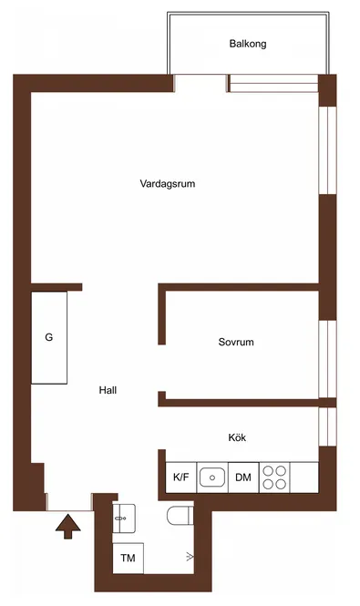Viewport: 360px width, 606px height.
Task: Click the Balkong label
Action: click(x=248, y=44)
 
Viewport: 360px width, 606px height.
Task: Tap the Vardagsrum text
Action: click(x=168, y=183)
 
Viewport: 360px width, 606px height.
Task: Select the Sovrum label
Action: click(x=236, y=342)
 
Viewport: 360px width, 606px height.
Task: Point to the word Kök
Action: click(x=237, y=437)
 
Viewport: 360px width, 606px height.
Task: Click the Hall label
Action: click(x=108, y=390)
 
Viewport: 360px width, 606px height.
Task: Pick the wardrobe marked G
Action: click(x=49, y=337)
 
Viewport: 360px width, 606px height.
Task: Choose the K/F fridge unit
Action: click(x=181, y=478)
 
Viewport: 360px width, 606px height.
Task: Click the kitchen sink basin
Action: click(x=212, y=478)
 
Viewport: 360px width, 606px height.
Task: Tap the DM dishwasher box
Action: click(x=243, y=478)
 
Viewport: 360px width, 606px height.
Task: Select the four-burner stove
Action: click(x=274, y=478)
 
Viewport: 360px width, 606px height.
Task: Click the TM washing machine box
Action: click(x=128, y=558)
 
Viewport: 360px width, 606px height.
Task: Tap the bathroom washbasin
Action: click(x=124, y=519)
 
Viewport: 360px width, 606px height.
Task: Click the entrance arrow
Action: click(x=68, y=527)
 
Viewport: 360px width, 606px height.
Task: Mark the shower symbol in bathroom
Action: click(x=190, y=557)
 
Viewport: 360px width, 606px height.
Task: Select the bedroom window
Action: click(x=327, y=359)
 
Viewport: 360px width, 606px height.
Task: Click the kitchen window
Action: click(x=327, y=426)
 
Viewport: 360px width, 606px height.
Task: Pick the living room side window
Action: click(x=327, y=150)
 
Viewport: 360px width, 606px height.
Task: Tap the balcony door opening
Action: click(x=201, y=83)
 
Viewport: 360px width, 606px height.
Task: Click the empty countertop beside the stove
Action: click(x=304, y=478)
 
